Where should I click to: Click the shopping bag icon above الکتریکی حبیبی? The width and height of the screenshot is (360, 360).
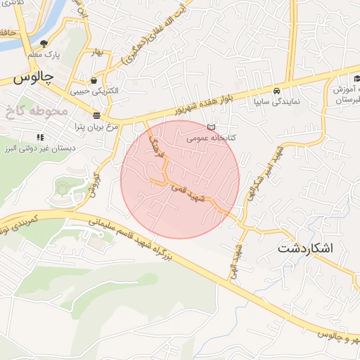point(94,80)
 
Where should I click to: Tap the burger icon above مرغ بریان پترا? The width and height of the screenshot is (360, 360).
point(96,115)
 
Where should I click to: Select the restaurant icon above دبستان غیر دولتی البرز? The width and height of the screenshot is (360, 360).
point(41,136)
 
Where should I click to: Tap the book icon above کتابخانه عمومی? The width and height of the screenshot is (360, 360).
point(212,127)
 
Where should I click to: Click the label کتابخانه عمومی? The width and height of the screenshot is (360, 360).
point(210,139)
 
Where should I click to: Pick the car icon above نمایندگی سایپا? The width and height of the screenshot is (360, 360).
point(277,91)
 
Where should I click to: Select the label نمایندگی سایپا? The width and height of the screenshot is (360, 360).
point(277,101)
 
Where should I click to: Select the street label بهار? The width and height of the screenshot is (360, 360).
point(96,52)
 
